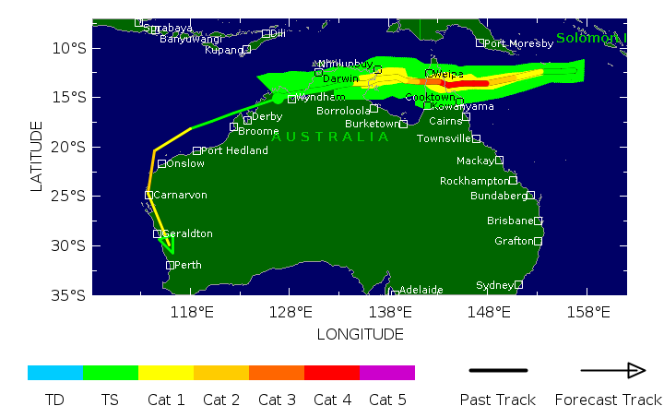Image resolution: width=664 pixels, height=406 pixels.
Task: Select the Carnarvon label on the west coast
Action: tap(180, 195)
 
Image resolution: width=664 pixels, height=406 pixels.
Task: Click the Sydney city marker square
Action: tap(519, 284)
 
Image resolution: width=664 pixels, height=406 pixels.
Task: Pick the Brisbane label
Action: tap(510, 221)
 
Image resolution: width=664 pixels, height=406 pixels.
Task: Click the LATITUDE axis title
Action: tap(37, 156)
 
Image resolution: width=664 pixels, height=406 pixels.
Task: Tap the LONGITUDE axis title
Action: tap(360, 333)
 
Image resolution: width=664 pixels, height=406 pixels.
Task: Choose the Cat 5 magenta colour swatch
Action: tap(387, 373)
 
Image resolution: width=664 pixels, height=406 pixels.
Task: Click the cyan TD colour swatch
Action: tap(55, 373)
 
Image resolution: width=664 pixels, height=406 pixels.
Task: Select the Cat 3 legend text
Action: tap(277, 400)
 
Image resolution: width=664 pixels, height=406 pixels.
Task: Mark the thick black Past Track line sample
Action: tap(498, 371)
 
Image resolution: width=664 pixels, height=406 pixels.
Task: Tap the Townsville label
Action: tap(444, 138)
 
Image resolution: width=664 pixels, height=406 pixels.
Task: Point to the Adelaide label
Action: tap(421, 290)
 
